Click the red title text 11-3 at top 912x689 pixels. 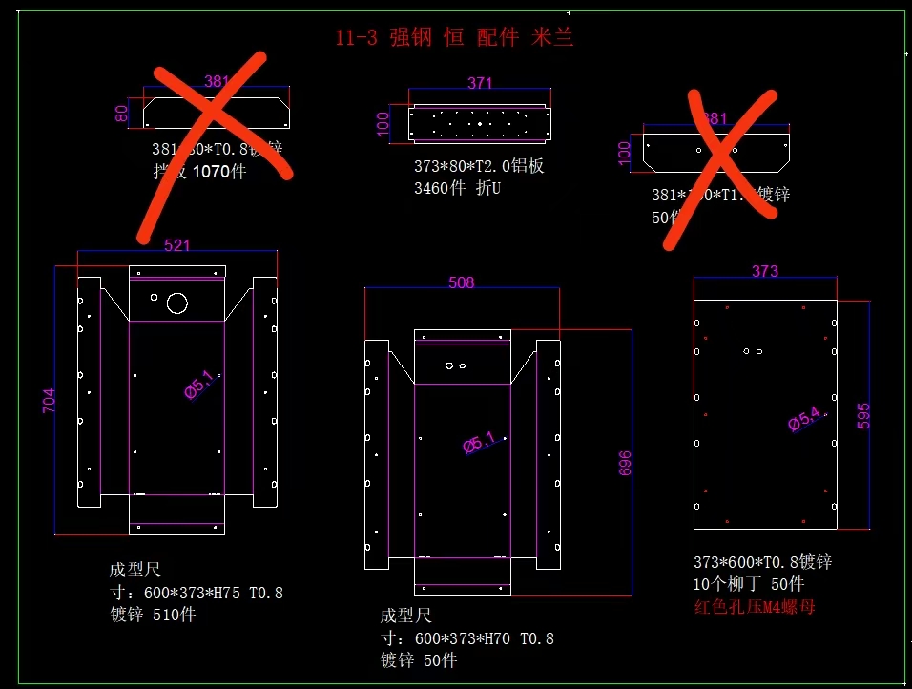tap(356, 38)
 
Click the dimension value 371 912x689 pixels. tap(480, 84)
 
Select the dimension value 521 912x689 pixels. tap(176, 245)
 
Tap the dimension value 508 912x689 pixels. tap(461, 282)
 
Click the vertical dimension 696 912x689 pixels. tap(626, 463)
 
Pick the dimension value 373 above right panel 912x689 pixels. tap(765, 271)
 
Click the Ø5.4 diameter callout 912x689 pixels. tap(804, 419)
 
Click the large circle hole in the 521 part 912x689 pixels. tap(176, 303)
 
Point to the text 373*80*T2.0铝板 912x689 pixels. tap(479, 166)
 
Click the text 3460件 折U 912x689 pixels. tap(457, 188)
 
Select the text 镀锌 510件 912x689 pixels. tap(153, 615)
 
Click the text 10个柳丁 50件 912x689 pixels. tap(748, 584)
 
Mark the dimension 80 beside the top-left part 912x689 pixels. tap(121, 113)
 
